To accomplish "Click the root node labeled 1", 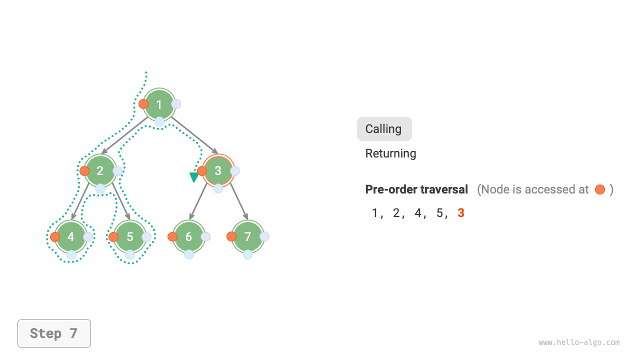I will pos(159,104).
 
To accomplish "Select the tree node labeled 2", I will pos(100,171).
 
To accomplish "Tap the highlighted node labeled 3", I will pos(218,171).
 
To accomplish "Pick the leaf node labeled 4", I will pos(71,237).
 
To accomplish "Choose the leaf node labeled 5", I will pos(130,237).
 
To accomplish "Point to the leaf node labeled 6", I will pos(189,237).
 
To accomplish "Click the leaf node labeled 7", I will pos(247,237).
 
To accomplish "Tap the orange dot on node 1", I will pos(143,104).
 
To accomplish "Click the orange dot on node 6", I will pos(172,237).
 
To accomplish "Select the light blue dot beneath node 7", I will pos(247,254).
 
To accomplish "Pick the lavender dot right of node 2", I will pos(117,171).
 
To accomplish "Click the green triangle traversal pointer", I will pos(194,177).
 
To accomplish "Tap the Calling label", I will pos(383,129).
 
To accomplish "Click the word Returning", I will pos(390,153).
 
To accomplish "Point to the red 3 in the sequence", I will pos(461,213).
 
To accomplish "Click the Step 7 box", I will pos(54,333).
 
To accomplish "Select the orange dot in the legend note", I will pos(600,189).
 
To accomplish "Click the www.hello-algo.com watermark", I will pos(579,342).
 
